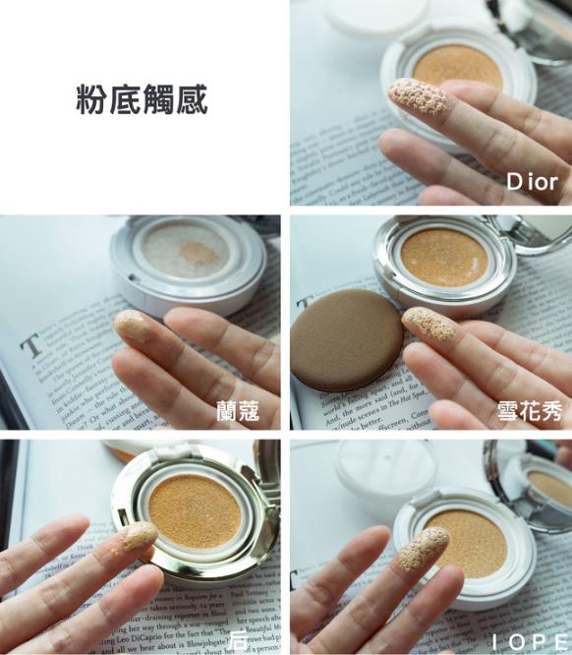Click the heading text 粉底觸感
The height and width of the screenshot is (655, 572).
click(x=142, y=100)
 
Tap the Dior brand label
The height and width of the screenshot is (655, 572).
click(x=532, y=182)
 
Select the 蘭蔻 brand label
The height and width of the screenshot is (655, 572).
click(x=238, y=410)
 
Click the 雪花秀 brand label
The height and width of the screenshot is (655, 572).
click(x=529, y=411)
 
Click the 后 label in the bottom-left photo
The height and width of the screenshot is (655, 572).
click(x=239, y=639)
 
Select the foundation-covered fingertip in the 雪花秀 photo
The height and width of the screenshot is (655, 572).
click(x=429, y=324)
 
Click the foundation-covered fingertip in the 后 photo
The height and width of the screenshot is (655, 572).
click(x=139, y=536)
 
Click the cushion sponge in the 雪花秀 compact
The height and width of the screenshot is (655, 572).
click(x=444, y=253)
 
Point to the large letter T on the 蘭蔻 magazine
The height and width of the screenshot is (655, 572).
click(x=32, y=344)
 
